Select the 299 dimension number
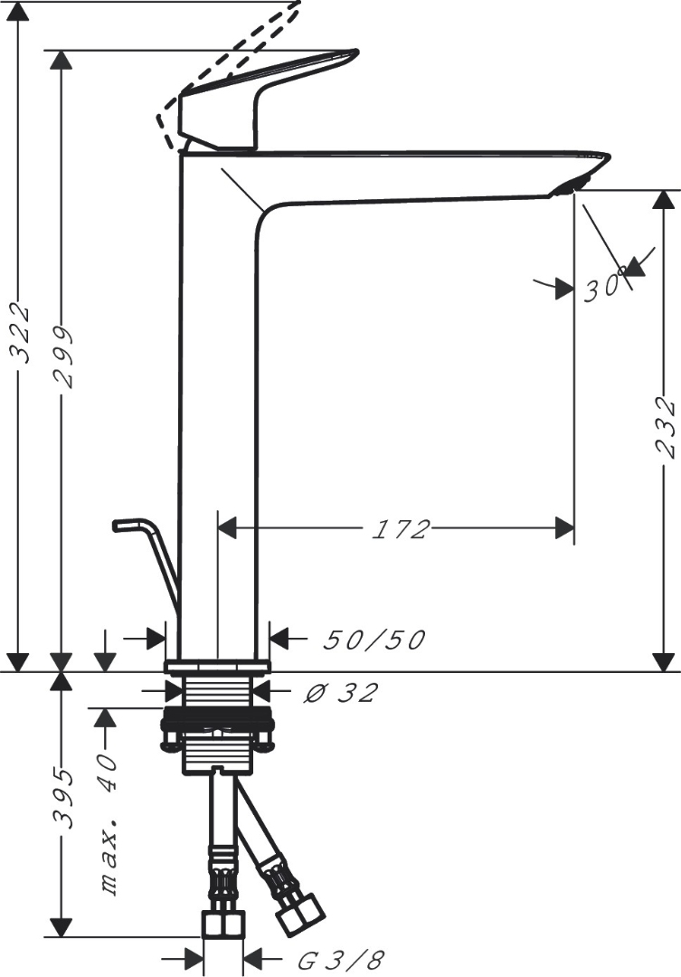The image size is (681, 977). pos(62,357)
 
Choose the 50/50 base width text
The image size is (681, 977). pos(374,640)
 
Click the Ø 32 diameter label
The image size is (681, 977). pos(340,694)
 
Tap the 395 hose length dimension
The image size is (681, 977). pos(62,798)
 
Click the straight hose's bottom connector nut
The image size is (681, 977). pos(222,925)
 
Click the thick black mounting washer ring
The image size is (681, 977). pos(217,725)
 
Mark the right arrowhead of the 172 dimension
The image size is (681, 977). pos(564,528)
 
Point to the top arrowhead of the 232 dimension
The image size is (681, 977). pos(666,201)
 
